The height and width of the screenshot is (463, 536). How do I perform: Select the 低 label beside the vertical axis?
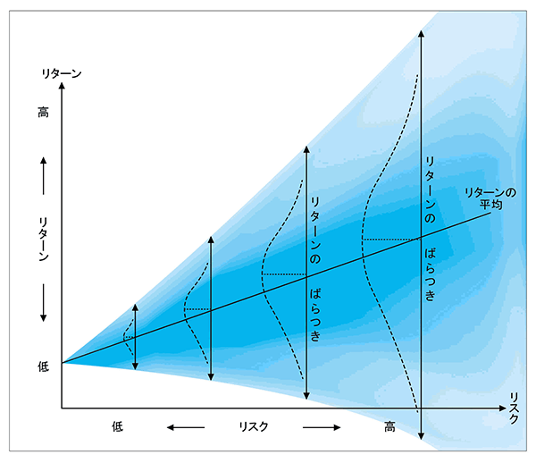(x=43, y=366)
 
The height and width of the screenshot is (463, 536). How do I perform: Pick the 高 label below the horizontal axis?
(x=390, y=426)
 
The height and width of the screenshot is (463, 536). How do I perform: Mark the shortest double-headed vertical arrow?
(x=136, y=336)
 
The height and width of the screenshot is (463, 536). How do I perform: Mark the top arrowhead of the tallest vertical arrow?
(x=420, y=37)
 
